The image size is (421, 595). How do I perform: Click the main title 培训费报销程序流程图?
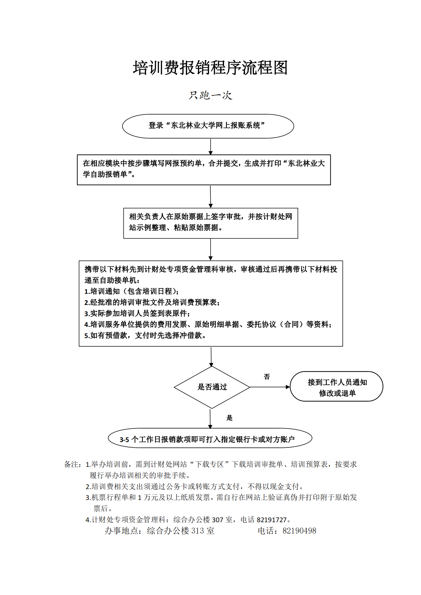click(210, 68)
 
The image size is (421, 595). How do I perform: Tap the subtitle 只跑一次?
click(210, 95)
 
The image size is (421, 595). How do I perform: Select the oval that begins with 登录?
click(208, 126)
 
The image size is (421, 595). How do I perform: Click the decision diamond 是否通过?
click(212, 387)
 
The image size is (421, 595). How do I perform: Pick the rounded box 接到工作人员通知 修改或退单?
click(336, 386)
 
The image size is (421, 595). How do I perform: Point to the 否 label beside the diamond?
click(267, 377)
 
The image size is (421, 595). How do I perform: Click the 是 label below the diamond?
click(229, 418)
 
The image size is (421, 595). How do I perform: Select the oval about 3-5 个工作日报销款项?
click(210, 438)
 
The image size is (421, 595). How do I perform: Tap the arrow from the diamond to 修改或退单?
click(270, 387)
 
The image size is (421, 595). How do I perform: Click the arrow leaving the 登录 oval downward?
click(210, 147)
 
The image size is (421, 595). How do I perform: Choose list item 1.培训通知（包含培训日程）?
click(131, 291)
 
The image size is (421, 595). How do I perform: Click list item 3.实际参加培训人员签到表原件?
click(137, 313)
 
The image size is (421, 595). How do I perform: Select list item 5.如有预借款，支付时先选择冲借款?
click(145, 336)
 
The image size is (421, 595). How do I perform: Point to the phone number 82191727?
click(272, 520)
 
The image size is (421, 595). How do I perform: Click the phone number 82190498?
click(299, 531)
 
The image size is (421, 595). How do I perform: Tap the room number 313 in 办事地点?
click(197, 531)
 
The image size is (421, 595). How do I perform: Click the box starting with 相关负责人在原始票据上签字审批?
click(211, 223)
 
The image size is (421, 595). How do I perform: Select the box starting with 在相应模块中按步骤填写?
click(204, 170)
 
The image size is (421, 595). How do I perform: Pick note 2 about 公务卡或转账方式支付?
click(195, 487)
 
